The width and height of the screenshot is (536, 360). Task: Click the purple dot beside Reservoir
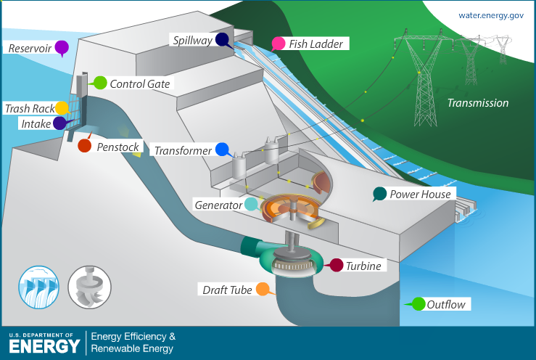click(x=62, y=48)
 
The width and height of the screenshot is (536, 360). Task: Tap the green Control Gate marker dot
click(x=100, y=83)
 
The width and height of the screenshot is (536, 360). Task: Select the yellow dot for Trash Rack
click(x=62, y=108)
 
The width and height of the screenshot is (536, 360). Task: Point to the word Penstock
click(x=117, y=147)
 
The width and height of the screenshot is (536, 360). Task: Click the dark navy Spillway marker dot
click(x=222, y=40)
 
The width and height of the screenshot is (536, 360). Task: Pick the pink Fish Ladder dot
click(x=278, y=43)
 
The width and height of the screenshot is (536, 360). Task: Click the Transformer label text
click(x=183, y=151)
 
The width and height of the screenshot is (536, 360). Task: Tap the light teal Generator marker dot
click(x=251, y=205)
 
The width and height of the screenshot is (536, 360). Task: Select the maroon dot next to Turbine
click(x=337, y=266)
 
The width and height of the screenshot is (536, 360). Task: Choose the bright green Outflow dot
click(x=418, y=304)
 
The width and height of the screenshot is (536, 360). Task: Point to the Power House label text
click(x=420, y=195)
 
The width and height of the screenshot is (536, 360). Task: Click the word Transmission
click(x=477, y=103)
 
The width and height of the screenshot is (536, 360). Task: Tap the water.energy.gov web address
click(x=491, y=15)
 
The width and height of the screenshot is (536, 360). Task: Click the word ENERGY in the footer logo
click(x=44, y=345)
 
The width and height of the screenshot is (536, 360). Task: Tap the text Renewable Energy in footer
click(x=133, y=349)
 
